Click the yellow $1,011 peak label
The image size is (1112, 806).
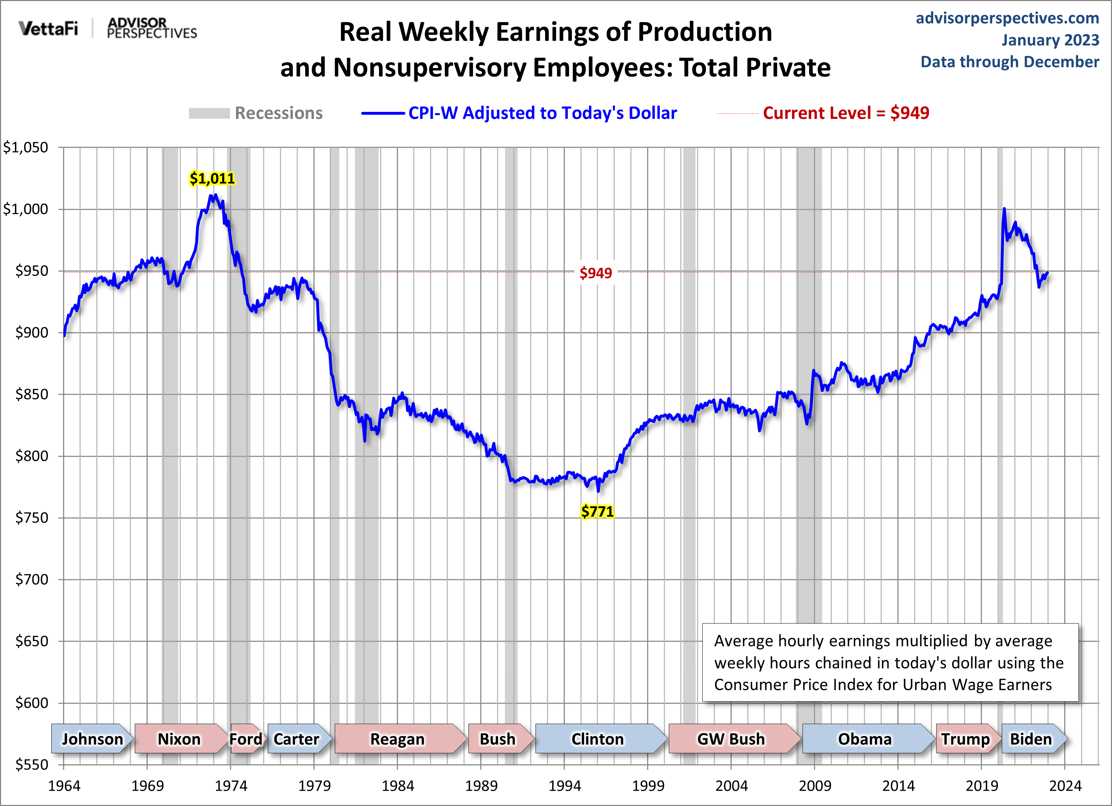pyautogui.click(x=212, y=179)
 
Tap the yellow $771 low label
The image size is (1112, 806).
pyautogui.click(x=597, y=512)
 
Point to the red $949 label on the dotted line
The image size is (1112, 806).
pyautogui.click(x=596, y=273)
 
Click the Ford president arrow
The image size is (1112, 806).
pyautogui.click(x=246, y=738)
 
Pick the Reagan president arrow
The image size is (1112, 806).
pyautogui.click(x=398, y=738)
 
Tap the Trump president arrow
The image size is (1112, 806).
pyautogui.click(x=965, y=738)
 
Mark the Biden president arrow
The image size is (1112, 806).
pyautogui.click(x=1031, y=738)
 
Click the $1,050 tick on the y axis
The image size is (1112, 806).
pyautogui.click(x=26, y=148)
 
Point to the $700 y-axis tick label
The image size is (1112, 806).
pyautogui.click(x=31, y=580)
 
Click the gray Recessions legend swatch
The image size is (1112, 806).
pyautogui.click(x=209, y=113)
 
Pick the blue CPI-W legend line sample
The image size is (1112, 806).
pyautogui.click(x=383, y=113)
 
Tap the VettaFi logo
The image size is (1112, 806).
pyautogui.click(x=48, y=29)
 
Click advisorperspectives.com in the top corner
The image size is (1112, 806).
pyautogui.click(x=1007, y=18)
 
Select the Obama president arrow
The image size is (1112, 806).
pyautogui.click(x=865, y=738)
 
